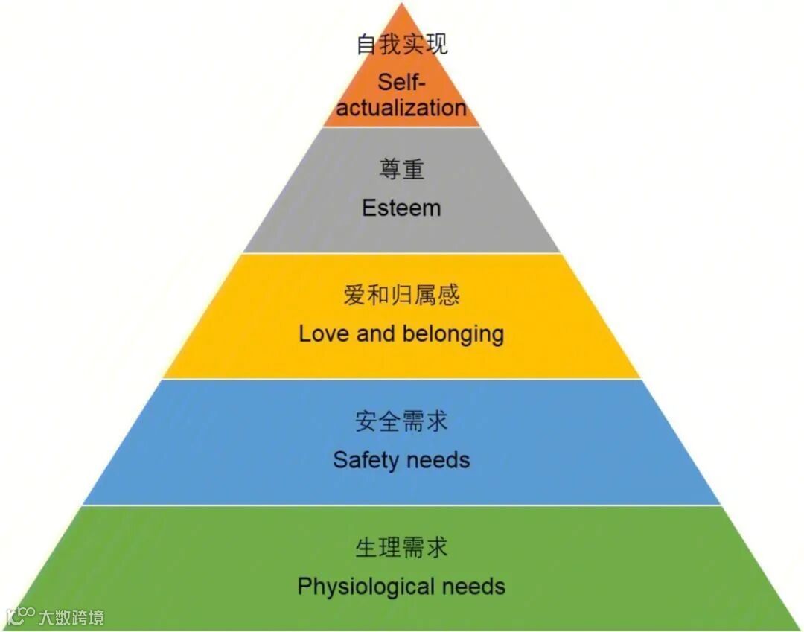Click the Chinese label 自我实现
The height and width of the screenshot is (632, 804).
coord(402,45)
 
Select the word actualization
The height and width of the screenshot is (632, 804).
coord(402,107)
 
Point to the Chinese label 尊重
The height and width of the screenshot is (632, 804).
coord(402,170)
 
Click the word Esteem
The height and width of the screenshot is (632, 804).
coord(402,208)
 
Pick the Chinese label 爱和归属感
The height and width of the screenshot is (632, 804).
coord(402,296)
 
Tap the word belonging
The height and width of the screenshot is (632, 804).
coord(453,334)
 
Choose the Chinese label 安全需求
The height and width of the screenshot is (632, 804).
coord(402,422)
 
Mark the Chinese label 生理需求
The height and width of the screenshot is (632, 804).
coord(402,549)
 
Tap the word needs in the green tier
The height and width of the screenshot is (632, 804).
coord(473,586)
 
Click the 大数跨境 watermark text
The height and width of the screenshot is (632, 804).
coord(71,617)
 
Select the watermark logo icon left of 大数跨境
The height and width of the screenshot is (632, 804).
coord(21,616)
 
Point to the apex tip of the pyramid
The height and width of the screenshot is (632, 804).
coord(402,4)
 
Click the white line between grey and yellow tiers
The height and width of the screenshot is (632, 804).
coord(402,253)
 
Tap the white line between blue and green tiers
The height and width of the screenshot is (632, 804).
coord(402,505)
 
